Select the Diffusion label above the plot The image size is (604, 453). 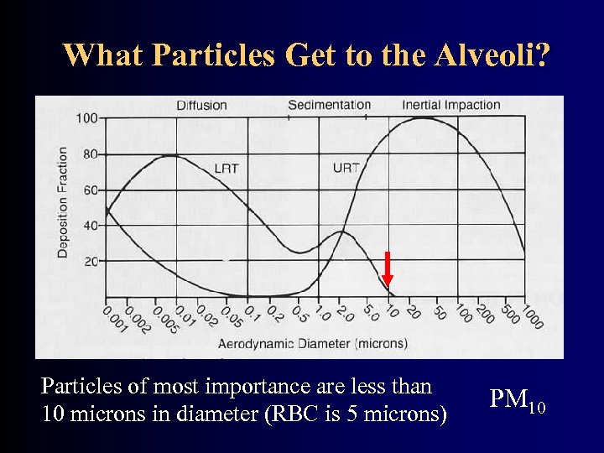coord(201,105)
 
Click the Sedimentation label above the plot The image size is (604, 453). coord(329,105)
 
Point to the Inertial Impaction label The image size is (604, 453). coord(450,105)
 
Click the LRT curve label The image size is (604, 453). coord(226,169)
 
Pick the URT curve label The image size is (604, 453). coord(346,168)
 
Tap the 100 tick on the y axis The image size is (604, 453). coord(86,117)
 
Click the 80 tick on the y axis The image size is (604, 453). coord(90,154)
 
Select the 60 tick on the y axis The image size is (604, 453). coord(90,190)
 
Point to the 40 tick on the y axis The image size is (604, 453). coord(90,226)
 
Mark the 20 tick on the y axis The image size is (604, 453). coord(90,262)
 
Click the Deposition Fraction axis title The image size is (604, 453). coord(63,201)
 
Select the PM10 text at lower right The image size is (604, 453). coord(517,402)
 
